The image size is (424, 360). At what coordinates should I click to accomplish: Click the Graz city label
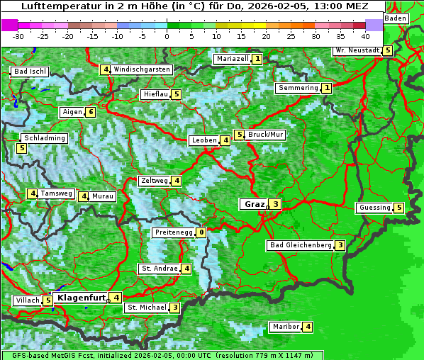point(253,204)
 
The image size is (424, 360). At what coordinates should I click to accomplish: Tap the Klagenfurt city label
point(81,298)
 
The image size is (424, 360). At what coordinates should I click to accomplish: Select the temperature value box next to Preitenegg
point(201,232)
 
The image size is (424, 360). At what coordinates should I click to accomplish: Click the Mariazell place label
point(233,59)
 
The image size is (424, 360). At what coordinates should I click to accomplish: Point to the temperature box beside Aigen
point(91,112)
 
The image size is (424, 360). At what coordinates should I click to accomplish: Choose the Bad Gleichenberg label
point(301,245)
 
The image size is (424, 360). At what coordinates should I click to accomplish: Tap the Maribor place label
point(285,327)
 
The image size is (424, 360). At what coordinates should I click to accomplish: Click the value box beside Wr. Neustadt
point(387,50)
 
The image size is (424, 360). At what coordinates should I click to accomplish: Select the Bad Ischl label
point(30,72)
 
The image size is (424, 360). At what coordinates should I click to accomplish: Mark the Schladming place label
point(44,138)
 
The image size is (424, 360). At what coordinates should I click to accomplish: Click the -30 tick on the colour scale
point(18,36)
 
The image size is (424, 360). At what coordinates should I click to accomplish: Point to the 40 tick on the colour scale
point(365,36)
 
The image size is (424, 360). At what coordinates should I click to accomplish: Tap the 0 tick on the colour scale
point(167,36)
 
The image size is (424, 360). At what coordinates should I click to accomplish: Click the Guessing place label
point(375,208)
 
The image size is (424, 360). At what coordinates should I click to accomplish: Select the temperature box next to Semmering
point(327,88)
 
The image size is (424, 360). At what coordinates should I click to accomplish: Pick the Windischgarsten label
point(142,69)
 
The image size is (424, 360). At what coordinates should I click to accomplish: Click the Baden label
point(396,18)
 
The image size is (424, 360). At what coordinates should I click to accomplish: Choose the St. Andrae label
point(159,269)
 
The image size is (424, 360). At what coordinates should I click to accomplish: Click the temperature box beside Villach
point(48,300)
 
